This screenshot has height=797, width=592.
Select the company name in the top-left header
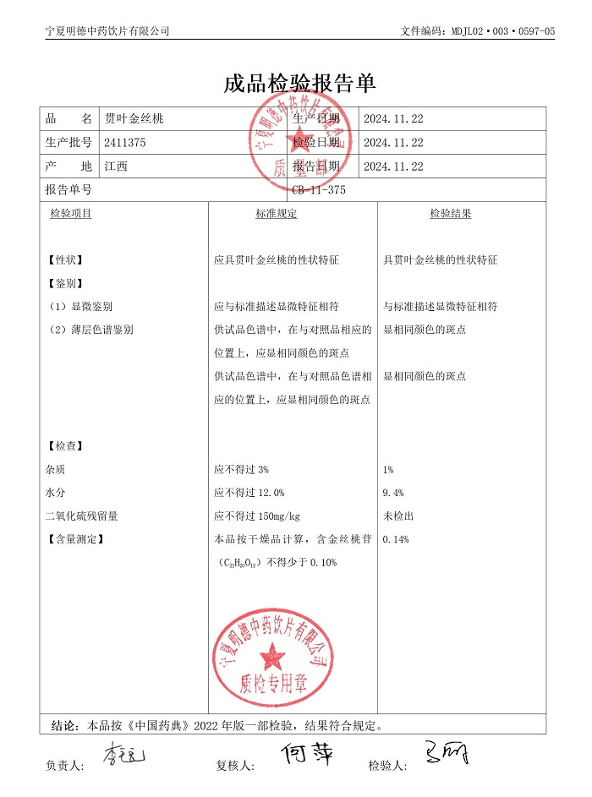(x=107, y=31)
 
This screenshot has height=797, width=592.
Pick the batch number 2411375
(x=125, y=143)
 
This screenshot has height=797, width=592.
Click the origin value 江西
(x=116, y=166)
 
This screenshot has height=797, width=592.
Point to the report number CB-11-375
(x=319, y=190)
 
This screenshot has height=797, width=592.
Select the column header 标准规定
(x=277, y=214)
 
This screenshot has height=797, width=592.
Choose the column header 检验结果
(x=450, y=214)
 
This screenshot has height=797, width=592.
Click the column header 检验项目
(x=71, y=214)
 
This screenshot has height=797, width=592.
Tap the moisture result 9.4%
(x=393, y=493)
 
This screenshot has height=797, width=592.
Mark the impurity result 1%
(x=388, y=469)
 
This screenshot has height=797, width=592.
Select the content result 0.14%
(x=396, y=539)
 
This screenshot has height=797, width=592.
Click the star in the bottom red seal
(x=273, y=653)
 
